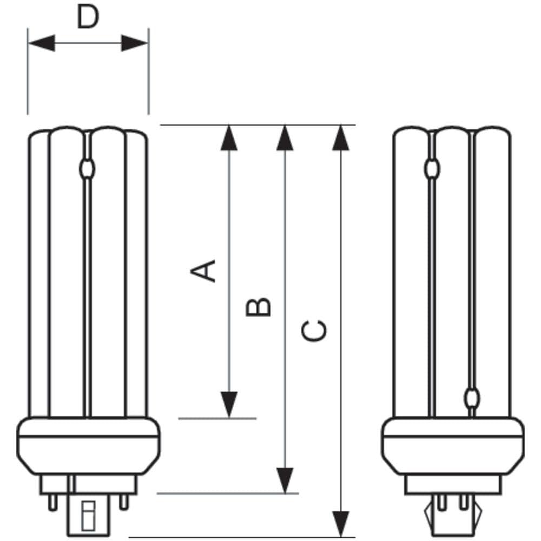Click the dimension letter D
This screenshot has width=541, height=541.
click(x=88, y=18)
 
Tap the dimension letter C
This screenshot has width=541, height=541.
click(x=313, y=331)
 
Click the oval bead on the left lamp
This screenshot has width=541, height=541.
click(x=87, y=169)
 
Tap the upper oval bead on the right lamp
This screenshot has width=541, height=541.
click(x=431, y=169)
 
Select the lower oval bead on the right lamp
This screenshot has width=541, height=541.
click(x=473, y=399)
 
